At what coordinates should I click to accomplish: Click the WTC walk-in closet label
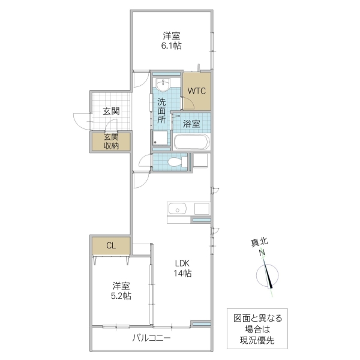197,91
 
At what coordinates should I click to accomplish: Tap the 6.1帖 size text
172,46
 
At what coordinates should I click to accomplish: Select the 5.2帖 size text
121,296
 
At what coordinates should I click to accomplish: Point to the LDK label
182,263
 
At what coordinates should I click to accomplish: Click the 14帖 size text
182,274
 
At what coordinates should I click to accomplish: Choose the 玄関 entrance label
110,111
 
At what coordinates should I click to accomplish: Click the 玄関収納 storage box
110,141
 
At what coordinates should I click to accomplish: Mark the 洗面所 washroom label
161,110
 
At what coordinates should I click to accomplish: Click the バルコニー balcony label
151,338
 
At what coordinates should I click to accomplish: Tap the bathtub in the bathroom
191,142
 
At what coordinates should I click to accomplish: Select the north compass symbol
268,277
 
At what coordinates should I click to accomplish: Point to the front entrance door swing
80,120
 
